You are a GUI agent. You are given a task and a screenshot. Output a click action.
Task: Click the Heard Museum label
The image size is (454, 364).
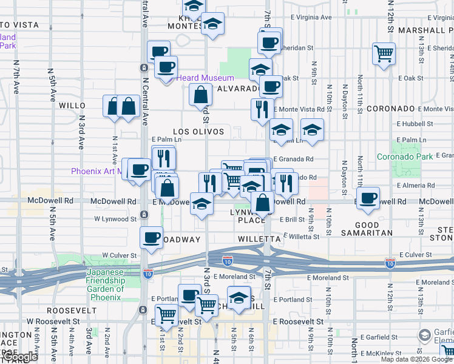click(x=205, y=78)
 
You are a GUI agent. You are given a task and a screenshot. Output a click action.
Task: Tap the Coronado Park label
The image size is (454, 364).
click(x=405, y=156)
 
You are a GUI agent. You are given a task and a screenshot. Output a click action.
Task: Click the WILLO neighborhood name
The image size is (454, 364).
click(x=72, y=106)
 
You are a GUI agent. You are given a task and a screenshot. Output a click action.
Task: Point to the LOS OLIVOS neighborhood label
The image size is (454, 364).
click(x=198, y=132)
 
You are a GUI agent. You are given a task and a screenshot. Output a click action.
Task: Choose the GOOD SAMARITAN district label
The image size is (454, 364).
click(x=375, y=229)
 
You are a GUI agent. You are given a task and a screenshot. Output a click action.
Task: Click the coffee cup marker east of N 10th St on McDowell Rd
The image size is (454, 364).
click(x=368, y=198)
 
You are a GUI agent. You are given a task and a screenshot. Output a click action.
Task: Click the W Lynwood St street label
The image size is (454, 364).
click(x=115, y=218)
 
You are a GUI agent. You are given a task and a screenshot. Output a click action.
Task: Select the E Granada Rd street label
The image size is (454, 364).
click(x=293, y=159)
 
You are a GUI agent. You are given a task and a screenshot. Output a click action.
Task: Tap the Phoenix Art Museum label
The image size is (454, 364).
click(x=97, y=171)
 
